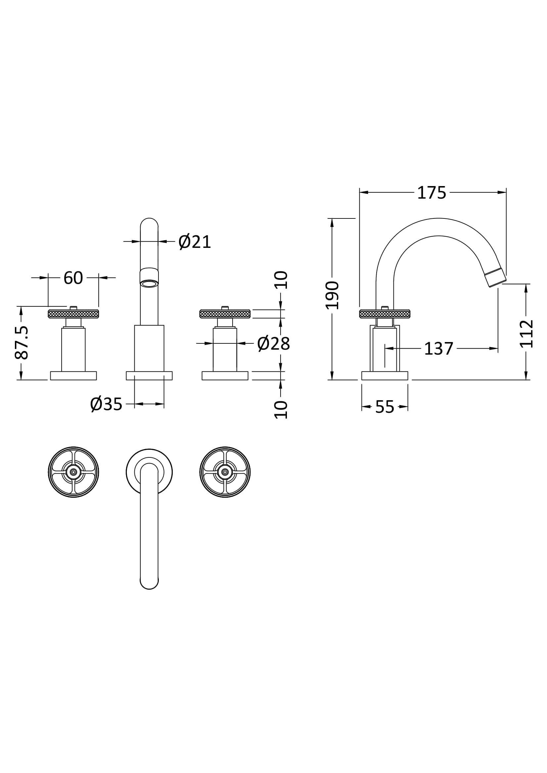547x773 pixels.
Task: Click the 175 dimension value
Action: (432, 193)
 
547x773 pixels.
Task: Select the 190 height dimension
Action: (332, 295)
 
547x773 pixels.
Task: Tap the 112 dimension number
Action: (526, 334)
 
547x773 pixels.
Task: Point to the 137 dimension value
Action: (438, 349)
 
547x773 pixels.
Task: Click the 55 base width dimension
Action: (385, 407)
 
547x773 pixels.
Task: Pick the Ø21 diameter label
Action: (195, 242)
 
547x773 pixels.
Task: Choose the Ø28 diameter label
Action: (273, 344)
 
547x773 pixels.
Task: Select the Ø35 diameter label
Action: (106, 404)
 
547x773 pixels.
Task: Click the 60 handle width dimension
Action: (73, 278)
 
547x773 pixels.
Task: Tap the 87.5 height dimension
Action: (21, 343)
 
